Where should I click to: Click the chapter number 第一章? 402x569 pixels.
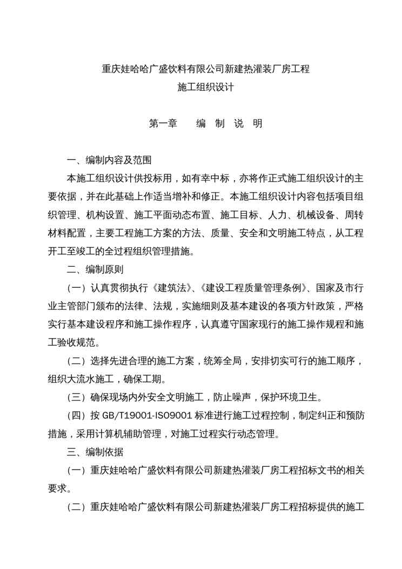tap(163, 124)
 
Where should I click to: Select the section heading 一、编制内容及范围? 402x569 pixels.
tap(109, 161)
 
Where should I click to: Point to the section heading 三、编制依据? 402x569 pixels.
tap(94, 452)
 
